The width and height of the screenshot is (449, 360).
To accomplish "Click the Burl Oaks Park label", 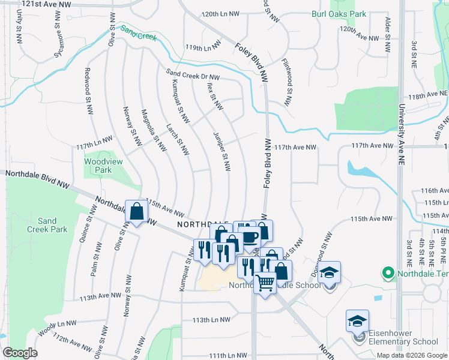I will tap(339, 13).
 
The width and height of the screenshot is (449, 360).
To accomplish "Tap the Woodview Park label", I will tap(98, 166).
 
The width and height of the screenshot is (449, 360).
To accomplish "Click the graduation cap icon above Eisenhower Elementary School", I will tap(357, 321).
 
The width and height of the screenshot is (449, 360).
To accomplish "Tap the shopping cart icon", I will tap(265, 283).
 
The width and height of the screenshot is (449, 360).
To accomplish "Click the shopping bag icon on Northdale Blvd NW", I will tap(137, 211).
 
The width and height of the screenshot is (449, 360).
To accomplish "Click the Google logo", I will tap(20, 353).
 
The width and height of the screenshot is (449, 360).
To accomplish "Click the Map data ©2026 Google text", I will tap(412, 355).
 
